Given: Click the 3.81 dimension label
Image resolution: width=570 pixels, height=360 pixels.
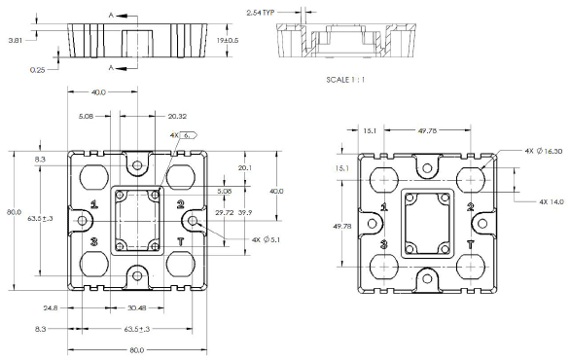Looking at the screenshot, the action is point(16,40).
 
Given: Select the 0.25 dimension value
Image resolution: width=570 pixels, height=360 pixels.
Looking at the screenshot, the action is point(37,70).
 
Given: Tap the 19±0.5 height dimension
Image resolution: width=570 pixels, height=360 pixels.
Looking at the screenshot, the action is point(228,40).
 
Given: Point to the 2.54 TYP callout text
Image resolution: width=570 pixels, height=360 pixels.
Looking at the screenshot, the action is point(261,13).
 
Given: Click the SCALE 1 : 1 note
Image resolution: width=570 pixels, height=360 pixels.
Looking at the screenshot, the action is point(345,80).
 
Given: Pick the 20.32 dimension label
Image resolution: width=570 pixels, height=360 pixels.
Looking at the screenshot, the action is point(177,117).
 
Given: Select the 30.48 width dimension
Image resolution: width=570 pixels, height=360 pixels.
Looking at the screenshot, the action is point(137,308).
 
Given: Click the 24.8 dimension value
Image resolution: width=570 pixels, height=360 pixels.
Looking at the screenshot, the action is point(51,308).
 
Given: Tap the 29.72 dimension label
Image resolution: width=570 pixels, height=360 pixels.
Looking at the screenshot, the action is point(225,213).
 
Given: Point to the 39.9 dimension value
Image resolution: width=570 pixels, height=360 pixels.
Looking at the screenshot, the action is point(245,213).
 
